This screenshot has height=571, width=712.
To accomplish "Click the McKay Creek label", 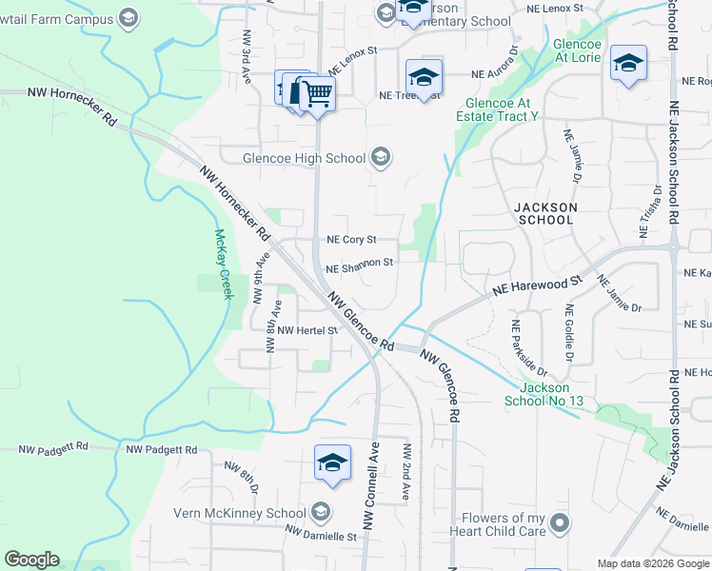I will point(224,264).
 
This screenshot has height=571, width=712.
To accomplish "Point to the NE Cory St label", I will point(351,240).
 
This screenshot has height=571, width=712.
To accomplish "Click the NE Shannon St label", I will point(359,264).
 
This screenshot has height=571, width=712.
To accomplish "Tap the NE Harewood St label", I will point(536,285).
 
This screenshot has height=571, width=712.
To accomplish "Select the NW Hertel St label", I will point(307,330).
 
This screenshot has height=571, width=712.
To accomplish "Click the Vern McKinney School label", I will point(239,513).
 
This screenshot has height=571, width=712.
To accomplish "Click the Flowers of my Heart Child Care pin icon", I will point(560,522).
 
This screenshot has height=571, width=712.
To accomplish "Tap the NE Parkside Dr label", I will point(530,347).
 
